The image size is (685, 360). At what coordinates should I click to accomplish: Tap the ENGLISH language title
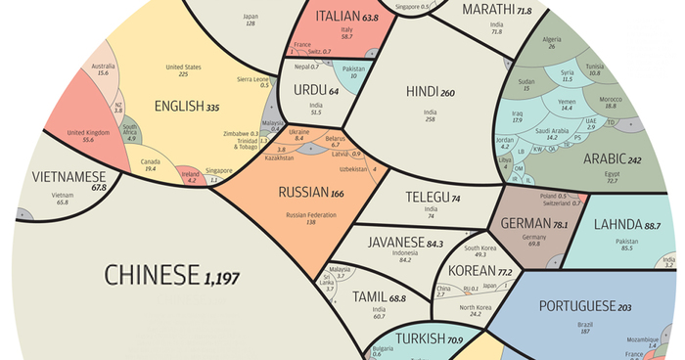coord(175,106)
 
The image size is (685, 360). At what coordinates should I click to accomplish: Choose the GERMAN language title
coord(525,224)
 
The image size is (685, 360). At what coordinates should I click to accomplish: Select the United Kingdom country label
coord(88,132)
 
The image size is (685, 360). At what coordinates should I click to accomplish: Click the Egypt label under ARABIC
coord(612,173)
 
